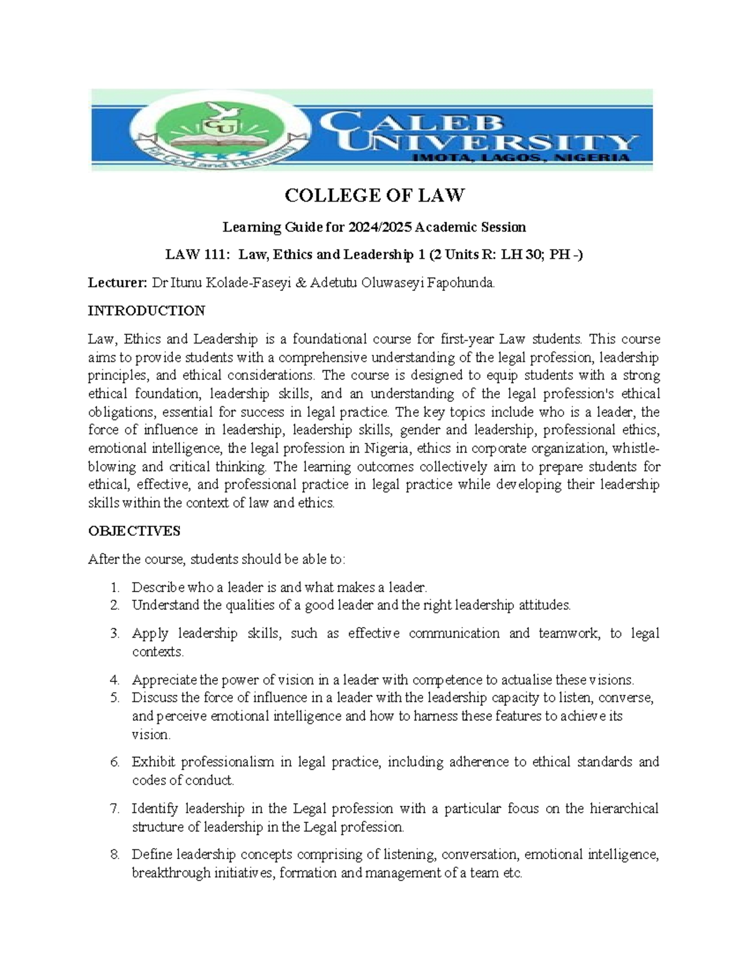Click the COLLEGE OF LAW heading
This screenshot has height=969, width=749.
(374, 196)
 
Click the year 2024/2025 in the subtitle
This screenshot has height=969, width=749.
(374, 227)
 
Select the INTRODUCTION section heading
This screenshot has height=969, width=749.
(147, 311)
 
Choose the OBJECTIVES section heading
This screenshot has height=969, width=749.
(134, 531)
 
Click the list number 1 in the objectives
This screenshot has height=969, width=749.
(114, 587)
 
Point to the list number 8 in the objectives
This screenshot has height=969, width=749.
(114, 855)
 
